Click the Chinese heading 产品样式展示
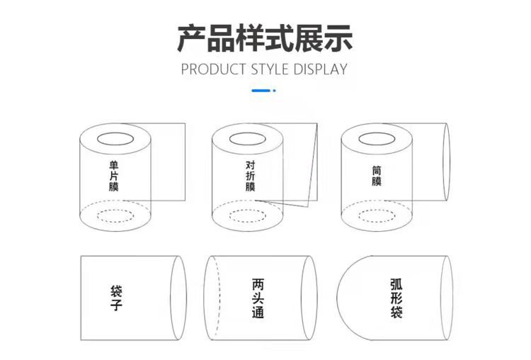tap(265, 38)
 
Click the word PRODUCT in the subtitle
tap(213, 69)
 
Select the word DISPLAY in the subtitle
tap(320, 69)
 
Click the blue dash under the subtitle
tap(261, 91)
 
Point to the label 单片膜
tap(114, 176)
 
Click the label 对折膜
tap(250, 176)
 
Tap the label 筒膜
tap(377, 176)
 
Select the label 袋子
tap(116, 298)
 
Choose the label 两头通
tap(258, 298)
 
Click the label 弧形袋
tap(396, 298)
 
